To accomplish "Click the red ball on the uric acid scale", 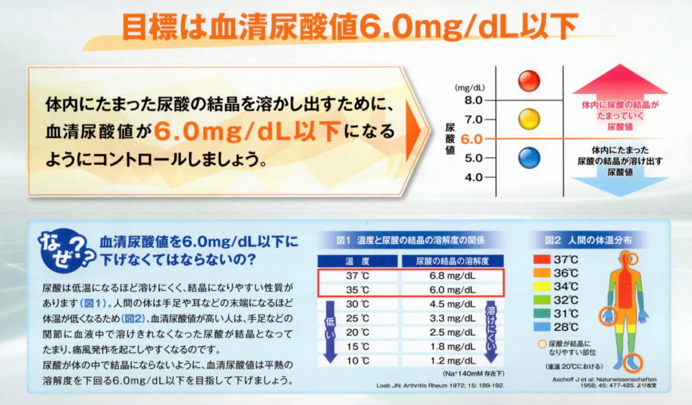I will click(528, 81).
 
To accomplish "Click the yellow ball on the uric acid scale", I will click(528, 120).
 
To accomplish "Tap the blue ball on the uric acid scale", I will click(528, 158).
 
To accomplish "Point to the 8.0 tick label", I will click(474, 100).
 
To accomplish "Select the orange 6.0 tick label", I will click(474, 139).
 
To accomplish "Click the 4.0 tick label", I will click(474, 178).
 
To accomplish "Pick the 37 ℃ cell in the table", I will click(355, 276).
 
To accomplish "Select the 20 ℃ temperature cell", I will click(355, 333).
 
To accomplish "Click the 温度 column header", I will click(355, 261).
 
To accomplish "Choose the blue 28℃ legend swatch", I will click(541, 327).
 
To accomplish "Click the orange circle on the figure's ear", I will click(631, 258).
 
